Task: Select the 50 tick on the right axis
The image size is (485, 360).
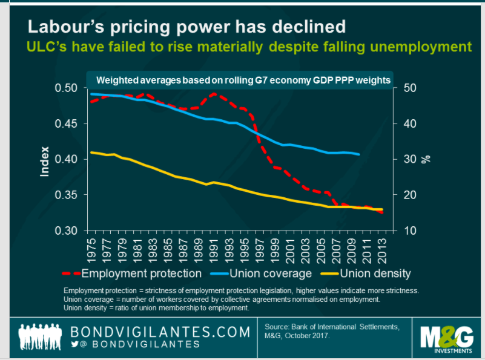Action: point(409,88)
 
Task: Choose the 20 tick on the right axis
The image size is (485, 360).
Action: point(409,195)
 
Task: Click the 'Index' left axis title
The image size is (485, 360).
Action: point(45,161)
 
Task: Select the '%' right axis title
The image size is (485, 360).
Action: point(426,159)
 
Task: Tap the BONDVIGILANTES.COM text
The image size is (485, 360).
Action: point(160,332)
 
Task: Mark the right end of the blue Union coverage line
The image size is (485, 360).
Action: point(360,154)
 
